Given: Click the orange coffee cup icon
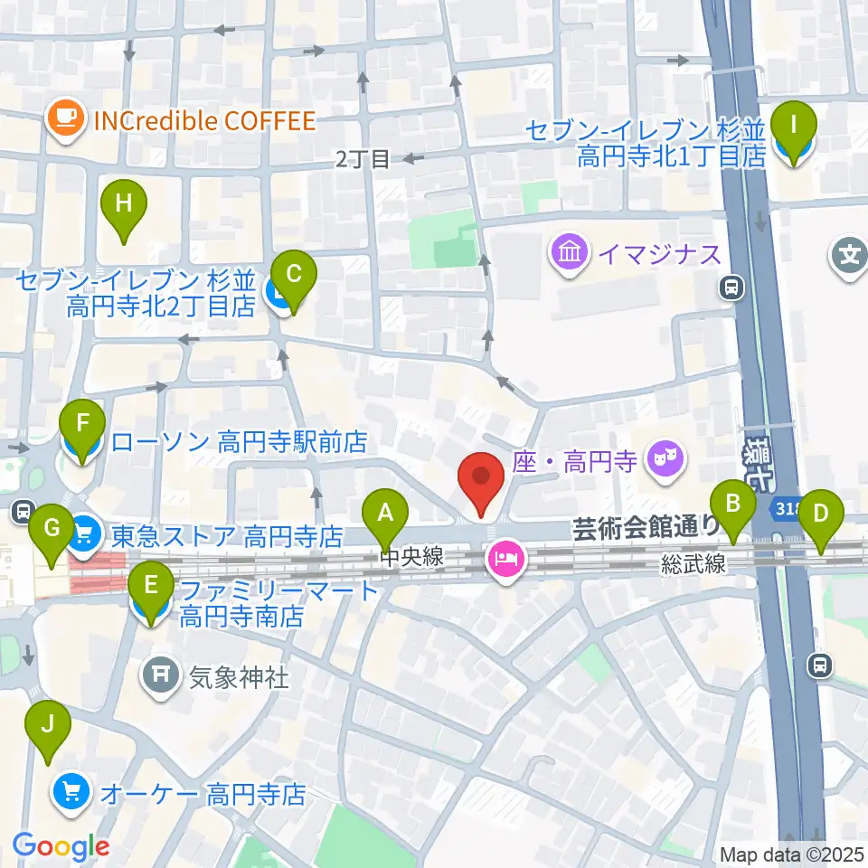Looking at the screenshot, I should coord(66,120).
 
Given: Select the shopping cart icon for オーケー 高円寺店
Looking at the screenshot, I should coord(71,795).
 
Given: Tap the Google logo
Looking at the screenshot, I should coord(61,847).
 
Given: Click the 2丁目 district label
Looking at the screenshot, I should coord(363,160).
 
